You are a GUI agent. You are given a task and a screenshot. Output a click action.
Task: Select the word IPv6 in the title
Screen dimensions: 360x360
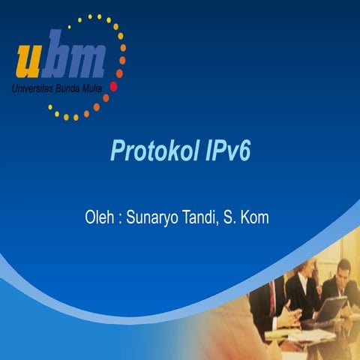(226, 150)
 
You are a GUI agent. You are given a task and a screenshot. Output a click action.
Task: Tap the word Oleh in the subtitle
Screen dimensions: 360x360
(100, 219)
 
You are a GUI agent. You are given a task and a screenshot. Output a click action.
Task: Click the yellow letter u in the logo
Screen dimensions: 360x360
(31, 61)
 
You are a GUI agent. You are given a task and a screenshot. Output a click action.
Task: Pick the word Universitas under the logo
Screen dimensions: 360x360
(34, 89)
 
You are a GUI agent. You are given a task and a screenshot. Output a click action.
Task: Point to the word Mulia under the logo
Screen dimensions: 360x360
(96, 89)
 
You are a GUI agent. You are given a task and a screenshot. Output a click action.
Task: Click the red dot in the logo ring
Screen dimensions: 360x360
(113, 86)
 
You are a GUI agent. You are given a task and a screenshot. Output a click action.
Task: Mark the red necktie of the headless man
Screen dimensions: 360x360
(271, 300)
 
